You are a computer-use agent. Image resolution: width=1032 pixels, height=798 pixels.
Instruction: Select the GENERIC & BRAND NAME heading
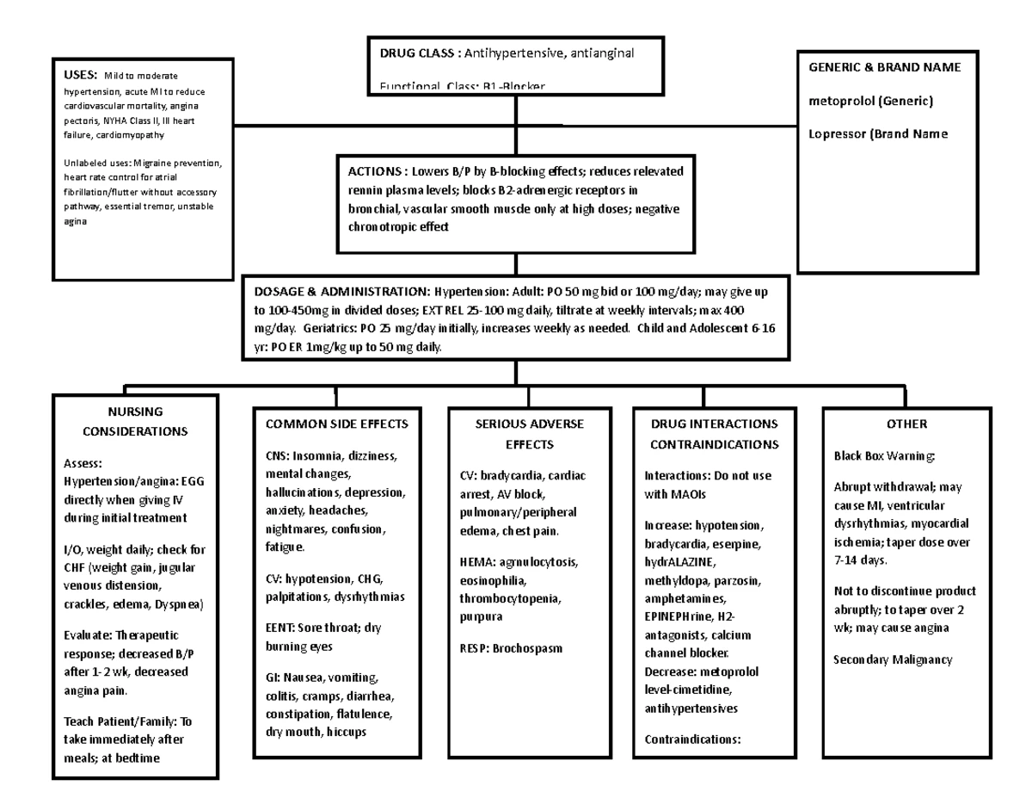click(884, 67)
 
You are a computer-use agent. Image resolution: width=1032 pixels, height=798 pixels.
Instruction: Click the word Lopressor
click(838, 133)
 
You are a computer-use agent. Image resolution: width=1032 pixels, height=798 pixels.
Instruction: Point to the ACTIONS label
click(376, 170)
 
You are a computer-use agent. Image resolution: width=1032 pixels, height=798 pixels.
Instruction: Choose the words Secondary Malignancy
click(893, 660)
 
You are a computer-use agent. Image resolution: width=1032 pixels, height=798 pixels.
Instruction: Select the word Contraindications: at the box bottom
click(691, 739)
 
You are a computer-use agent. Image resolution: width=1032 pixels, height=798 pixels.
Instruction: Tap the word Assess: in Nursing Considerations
click(83, 462)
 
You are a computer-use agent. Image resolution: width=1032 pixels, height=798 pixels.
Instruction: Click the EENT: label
click(280, 628)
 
